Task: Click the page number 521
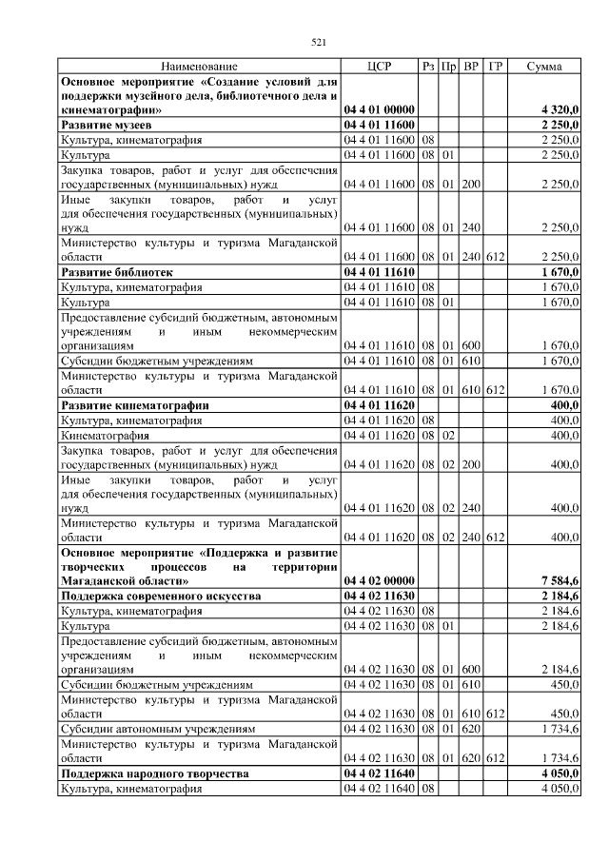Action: pos(320,41)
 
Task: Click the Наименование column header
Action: pos(199,67)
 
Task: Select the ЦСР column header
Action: pos(379,67)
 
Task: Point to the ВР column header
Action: pos(471,67)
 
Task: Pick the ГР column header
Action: pos(495,67)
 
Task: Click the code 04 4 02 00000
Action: pos(379,580)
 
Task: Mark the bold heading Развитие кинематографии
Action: pos(134,405)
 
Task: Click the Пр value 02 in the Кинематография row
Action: pos(449,435)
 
